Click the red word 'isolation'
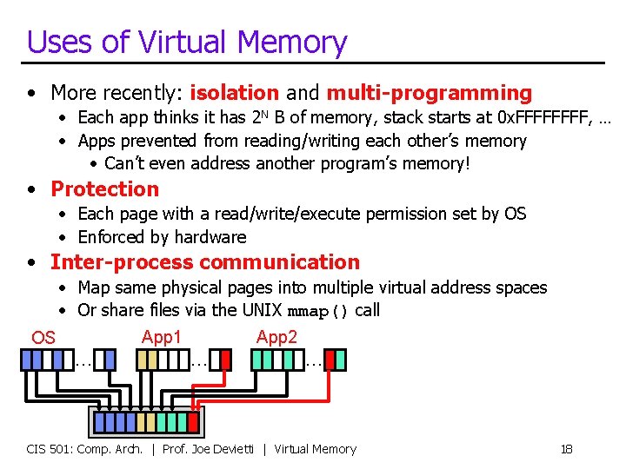tap(234, 93)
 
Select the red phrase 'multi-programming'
tap(429, 93)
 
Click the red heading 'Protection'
tap(105, 189)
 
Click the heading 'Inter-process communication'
tap(204, 262)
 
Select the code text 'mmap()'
tap(318, 311)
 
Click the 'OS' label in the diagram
tap(43, 338)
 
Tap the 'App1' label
tap(162, 336)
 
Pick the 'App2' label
tap(276, 336)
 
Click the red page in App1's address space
tap(225, 359)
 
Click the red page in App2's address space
tap(340, 359)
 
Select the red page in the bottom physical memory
tap(193, 422)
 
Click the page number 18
tap(566, 449)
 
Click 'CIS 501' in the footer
tap(46, 449)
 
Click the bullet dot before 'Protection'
tap(31, 190)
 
